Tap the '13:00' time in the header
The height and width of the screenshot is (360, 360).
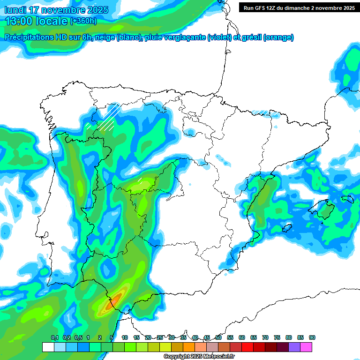tap(19, 21)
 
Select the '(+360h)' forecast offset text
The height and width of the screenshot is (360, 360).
tap(83, 21)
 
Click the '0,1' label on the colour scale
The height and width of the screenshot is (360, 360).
tap(54, 338)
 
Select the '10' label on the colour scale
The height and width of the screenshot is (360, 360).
tap(124, 338)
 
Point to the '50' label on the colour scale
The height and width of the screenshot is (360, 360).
tap(218, 338)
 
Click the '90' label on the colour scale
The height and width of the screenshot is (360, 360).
tap(312, 338)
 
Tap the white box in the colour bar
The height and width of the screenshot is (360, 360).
tap(48, 347)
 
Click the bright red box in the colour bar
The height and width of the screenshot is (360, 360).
tap(247, 347)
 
